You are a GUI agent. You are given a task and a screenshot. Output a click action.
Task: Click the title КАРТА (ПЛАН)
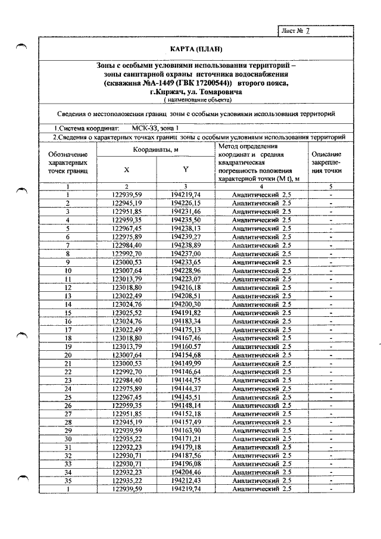[x=192, y=48]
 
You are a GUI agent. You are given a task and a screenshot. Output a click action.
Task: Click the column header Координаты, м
[x=156, y=150]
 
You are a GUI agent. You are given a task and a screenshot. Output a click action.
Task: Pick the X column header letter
[x=127, y=170]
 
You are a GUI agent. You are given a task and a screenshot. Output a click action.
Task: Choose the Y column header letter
[x=186, y=170]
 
